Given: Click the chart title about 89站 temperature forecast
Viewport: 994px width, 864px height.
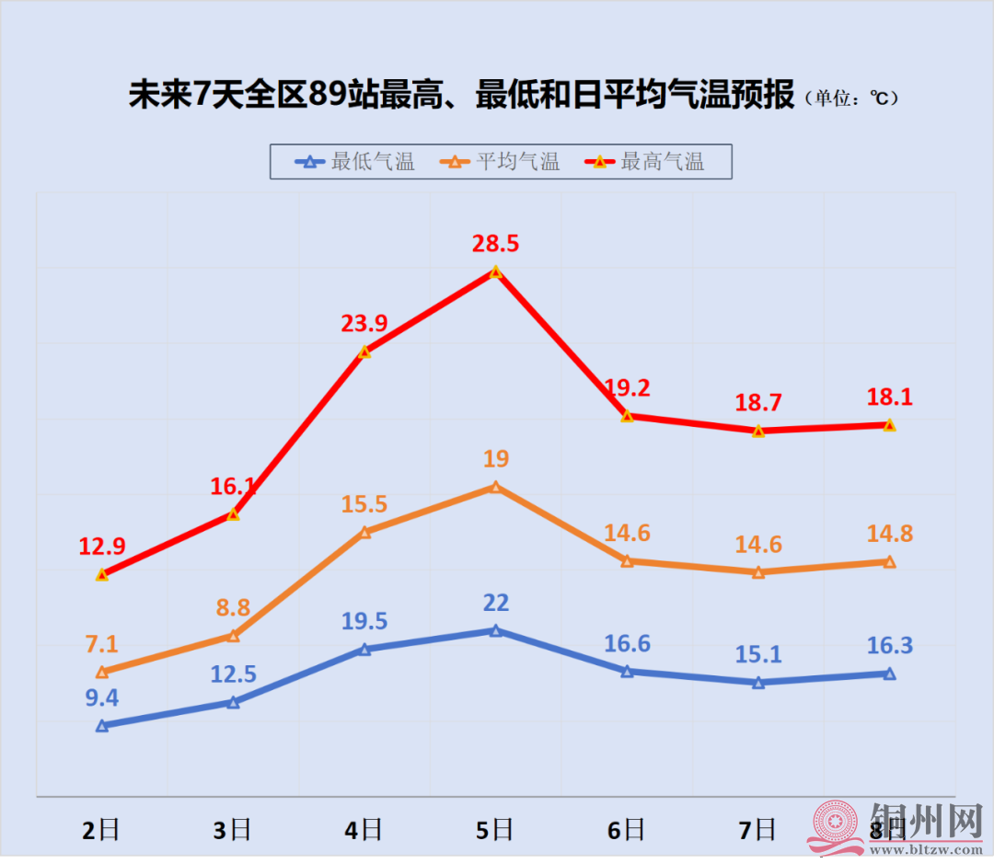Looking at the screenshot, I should (460, 96).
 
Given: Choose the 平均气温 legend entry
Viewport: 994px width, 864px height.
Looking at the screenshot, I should (501, 162).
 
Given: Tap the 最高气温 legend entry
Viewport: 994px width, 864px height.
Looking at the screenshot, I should (645, 162).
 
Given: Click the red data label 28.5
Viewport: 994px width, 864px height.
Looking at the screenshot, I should (495, 243).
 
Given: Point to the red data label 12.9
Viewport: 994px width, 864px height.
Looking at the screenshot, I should (102, 546).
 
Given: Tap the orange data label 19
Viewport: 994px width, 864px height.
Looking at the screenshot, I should (495, 458).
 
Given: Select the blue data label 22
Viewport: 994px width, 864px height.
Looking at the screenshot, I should (495, 603).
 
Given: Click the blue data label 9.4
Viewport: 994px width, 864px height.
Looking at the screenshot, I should (102, 697).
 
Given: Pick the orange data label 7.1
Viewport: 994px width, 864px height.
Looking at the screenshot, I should (102, 644).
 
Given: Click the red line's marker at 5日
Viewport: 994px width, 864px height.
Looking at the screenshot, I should (495, 272).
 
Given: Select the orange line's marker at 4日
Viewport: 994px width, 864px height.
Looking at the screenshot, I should (364, 532).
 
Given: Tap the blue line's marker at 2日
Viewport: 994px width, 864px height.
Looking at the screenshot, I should (102, 726).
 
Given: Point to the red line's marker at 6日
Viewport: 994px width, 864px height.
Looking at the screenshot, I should (627, 417).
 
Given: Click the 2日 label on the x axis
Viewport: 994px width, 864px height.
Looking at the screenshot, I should (101, 831).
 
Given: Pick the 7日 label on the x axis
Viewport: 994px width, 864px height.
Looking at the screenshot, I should (757, 831).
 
